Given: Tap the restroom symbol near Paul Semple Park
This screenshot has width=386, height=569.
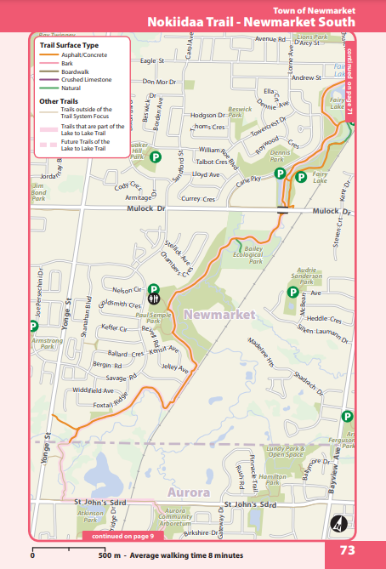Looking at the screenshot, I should tap(154, 299).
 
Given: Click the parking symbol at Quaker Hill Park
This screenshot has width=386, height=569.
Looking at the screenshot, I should tap(156, 157).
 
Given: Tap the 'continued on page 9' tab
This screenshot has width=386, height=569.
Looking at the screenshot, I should tap(122, 536).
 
